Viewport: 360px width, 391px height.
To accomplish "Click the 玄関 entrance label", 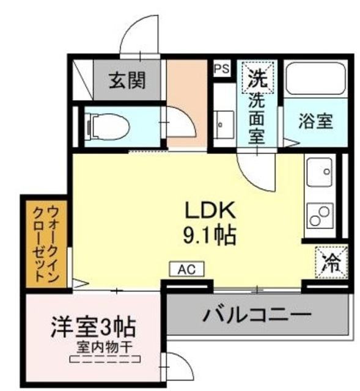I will pos(128,80).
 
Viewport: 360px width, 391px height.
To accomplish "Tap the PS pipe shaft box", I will pos(222,68).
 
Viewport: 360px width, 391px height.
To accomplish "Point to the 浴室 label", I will pos(315,121).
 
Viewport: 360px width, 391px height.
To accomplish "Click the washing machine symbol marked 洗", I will pos(257,78).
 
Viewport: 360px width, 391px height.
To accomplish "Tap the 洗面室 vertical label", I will pos(257,119).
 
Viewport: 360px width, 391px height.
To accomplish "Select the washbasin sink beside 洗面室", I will pos(223,122).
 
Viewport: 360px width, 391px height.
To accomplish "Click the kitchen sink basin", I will pos(319,172).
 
